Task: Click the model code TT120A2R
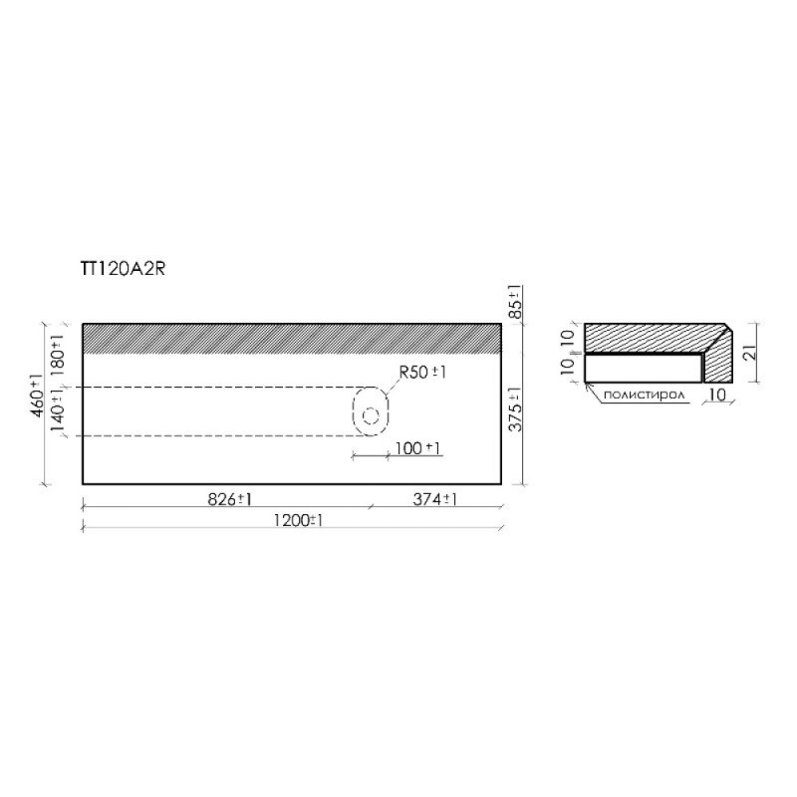coord(123,269)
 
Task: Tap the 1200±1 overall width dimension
coord(298,520)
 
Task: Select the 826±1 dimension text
coord(230,500)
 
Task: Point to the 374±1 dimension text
coord(434,500)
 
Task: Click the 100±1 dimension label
coord(417,448)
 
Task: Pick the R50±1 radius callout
coord(422,373)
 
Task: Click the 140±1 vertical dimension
coord(58,409)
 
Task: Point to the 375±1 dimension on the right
coord(515,408)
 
